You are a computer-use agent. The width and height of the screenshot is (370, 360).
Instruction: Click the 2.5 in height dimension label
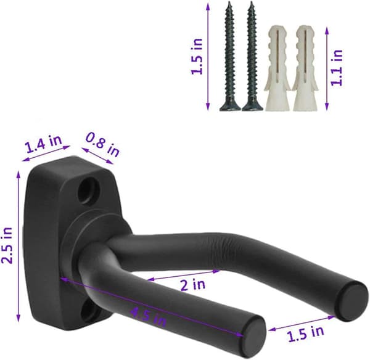7,245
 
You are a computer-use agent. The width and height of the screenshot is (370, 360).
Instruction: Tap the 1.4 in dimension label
44,143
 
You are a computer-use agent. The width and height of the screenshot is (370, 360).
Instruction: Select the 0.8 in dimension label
102,144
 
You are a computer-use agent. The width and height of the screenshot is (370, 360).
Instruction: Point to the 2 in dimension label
193,284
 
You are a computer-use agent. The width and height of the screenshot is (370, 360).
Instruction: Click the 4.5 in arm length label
149,317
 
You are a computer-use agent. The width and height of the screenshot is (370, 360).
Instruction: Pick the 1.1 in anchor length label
336,68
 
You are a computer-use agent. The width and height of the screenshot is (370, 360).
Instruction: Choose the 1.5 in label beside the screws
197,56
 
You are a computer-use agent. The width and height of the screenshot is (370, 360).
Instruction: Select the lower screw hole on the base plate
88,311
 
